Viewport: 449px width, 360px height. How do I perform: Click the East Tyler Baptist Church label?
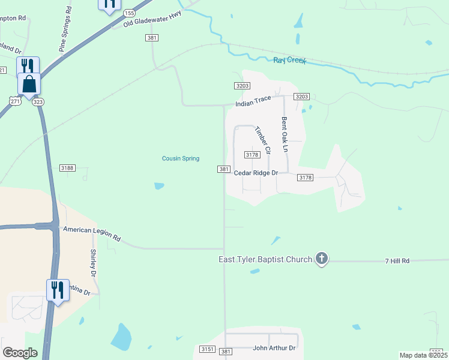point(265,259)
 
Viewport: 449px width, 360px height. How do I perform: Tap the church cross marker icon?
point(322,259)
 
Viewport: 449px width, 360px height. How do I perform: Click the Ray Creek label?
point(290,61)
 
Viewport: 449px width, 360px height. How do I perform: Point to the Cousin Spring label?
point(181,158)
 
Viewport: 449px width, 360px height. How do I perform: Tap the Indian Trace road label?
point(253,103)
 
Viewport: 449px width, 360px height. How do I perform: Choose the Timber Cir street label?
point(263,139)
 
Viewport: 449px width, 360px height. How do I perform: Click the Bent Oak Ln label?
point(286,134)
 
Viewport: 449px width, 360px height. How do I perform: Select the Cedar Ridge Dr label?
point(256,173)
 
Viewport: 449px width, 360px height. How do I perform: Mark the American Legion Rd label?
point(92,233)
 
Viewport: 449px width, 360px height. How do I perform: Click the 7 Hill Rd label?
point(397,261)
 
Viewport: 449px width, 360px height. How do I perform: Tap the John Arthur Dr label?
point(274,348)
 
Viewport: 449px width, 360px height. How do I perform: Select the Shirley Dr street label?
point(94,263)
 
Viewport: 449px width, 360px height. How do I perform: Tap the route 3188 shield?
point(67,168)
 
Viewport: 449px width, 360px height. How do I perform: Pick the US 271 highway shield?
point(16,102)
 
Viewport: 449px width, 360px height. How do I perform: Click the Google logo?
point(20,353)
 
